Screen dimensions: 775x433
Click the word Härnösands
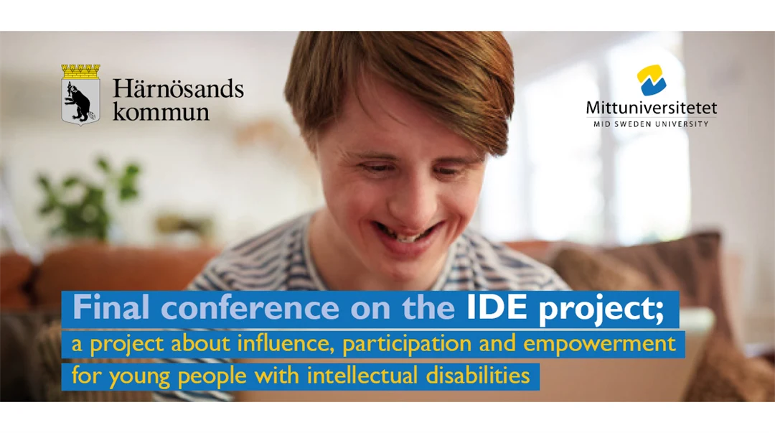[178, 88]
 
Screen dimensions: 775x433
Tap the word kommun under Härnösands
[161, 111]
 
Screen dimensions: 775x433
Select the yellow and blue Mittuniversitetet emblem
[651, 80]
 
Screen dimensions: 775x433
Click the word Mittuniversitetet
[652, 108]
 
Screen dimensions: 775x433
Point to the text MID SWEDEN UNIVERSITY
[651, 124]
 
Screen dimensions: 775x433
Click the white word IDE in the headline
[497, 307]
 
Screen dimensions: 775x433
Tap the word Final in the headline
[111, 307]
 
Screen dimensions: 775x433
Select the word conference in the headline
[250, 307]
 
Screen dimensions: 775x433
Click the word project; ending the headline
[601, 309]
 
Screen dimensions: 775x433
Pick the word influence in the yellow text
[283, 343]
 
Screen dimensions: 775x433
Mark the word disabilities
[478, 376]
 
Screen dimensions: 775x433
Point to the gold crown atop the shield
[80, 71]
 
